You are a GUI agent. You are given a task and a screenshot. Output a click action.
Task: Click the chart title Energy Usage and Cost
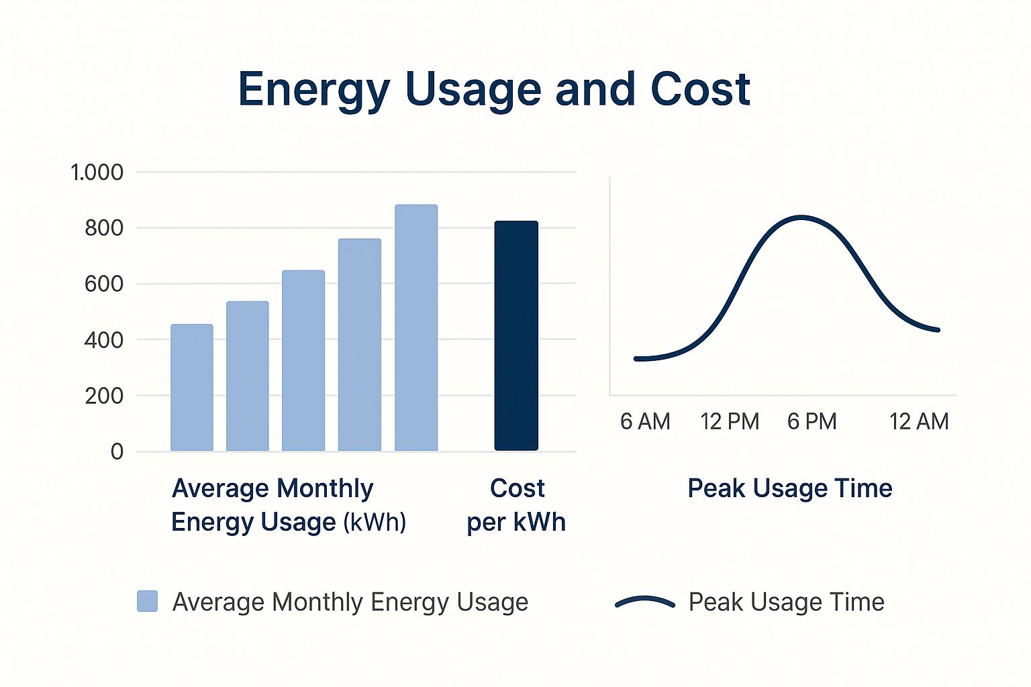[x=494, y=89]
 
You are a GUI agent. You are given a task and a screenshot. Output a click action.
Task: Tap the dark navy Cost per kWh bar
[x=516, y=335]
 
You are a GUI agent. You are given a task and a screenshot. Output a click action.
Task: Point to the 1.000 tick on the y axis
[x=97, y=172]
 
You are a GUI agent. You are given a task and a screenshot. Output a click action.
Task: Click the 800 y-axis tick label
[x=104, y=228]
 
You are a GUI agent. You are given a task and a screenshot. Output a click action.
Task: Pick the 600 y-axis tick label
[x=104, y=284]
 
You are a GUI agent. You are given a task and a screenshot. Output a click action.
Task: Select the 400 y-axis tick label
[x=104, y=340]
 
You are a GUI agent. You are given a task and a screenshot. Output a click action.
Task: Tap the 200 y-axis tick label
[x=104, y=396]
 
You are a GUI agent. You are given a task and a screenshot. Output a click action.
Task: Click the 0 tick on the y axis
[x=117, y=452]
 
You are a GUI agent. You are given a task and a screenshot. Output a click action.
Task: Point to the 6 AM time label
[x=645, y=421]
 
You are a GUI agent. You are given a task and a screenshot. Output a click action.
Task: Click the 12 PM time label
[x=730, y=421]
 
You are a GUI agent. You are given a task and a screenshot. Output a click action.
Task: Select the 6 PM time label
[x=812, y=421]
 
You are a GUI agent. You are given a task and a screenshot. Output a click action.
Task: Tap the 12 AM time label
[x=919, y=421]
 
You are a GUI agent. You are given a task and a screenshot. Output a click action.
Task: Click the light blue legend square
[x=148, y=601]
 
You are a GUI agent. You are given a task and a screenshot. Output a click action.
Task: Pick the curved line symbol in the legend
[x=645, y=602]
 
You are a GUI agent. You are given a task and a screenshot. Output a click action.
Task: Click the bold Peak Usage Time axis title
[x=790, y=488]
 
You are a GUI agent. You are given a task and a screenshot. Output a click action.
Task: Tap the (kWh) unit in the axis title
[x=375, y=522]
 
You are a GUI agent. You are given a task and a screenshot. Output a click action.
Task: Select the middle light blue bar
[x=303, y=360]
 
